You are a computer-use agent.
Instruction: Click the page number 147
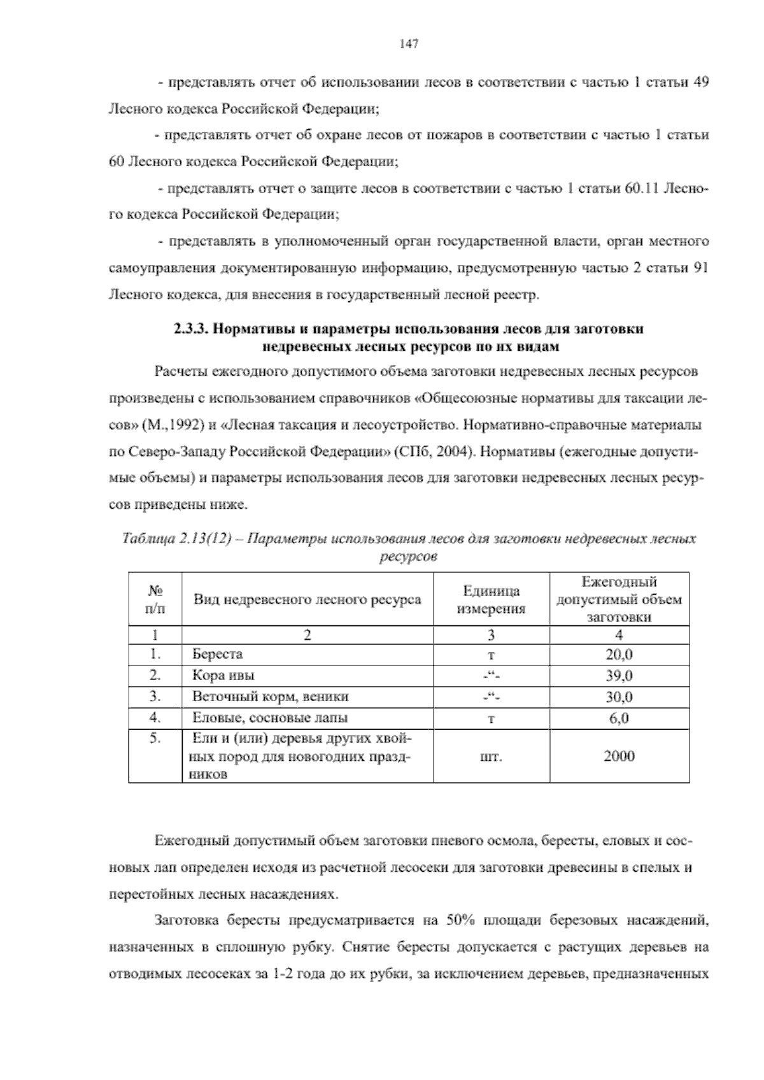(x=408, y=44)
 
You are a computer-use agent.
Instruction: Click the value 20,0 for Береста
(x=619, y=655)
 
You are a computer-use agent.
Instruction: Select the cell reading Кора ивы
(x=223, y=676)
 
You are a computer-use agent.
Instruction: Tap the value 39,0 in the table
(x=619, y=676)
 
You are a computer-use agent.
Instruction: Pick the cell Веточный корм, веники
(x=271, y=697)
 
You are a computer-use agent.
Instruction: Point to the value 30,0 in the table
(x=619, y=697)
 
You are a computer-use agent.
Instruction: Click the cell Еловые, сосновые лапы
(x=270, y=718)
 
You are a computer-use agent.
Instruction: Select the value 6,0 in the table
(x=619, y=718)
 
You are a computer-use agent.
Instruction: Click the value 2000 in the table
(x=619, y=757)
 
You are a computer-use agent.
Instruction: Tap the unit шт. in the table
(x=491, y=757)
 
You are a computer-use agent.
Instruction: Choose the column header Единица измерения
(x=491, y=599)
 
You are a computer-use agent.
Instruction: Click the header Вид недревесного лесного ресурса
(x=307, y=599)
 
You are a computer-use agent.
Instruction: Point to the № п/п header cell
(x=155, y=599)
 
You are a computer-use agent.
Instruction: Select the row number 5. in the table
(x=155, y=739)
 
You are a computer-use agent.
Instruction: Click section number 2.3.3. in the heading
(x=192, y=329)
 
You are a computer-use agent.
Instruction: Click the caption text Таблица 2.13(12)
(x=175, y=539)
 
